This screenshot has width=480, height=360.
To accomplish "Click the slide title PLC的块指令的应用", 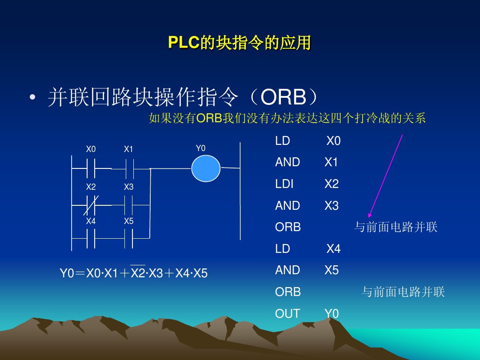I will pos(240,43).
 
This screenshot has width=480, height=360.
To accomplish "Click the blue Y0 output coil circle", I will pos(206,168).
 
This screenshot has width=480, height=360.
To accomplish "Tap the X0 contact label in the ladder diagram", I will pos(91,149).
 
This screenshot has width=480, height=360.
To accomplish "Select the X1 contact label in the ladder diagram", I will pos(128,149).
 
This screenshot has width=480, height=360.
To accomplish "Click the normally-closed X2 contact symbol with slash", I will pos(91,205).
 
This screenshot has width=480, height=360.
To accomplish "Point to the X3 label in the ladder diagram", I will pos(128,187).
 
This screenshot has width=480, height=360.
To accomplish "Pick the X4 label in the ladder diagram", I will pos(91,221).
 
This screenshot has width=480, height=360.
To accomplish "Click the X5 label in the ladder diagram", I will pos(128,221).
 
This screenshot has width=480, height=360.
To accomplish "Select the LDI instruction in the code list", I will pos(284,184).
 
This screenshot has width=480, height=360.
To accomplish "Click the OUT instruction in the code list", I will pos(287,314).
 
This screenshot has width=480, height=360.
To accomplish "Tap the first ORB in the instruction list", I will pos(288,227).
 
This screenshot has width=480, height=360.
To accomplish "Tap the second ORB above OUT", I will pos(288,292).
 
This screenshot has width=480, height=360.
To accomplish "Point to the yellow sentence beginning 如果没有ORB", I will pos(287,118).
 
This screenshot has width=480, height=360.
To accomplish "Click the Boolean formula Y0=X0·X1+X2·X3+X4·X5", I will pos(134,273).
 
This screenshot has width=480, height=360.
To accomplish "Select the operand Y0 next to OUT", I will pos(331,314).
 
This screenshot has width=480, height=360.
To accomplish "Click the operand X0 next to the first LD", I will pos(333,141).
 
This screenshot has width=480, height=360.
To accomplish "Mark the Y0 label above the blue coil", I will pos(201,148).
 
